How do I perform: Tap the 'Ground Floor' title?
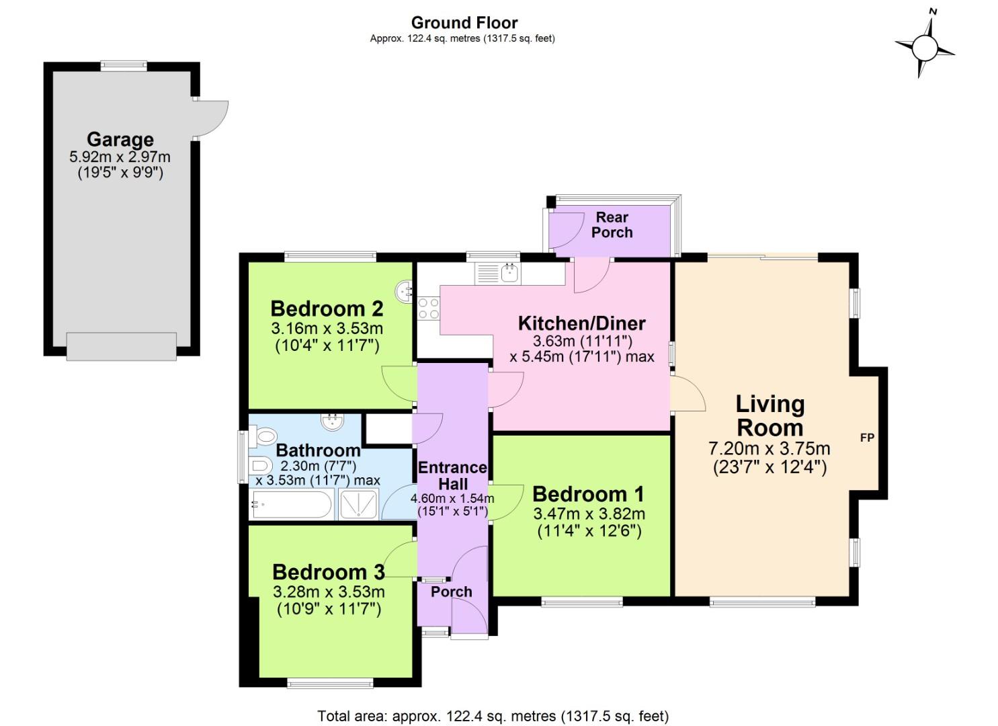click(x=464, y=23)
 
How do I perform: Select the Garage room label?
click(x=120, y=140)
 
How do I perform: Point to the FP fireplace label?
click(x=867, y=438)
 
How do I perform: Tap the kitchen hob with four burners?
click(x=428, y=309)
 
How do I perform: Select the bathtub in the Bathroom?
click(x=292, y=505)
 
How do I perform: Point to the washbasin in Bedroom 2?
click(x=406, y=290)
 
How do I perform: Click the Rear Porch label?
click(x=612, y=225)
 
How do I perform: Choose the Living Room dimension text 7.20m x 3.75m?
click(x=770, y=448)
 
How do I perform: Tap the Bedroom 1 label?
click(x=588, y=494)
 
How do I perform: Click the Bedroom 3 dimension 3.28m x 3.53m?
click(x=329, y=592)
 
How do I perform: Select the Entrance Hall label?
click(x=452, y=475)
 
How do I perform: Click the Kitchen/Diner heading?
click(x=581, y=323)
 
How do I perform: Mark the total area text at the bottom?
click(x=493, y=716)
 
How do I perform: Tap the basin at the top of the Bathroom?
click(x=332, y=421)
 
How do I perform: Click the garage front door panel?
click(x=122, y=346)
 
